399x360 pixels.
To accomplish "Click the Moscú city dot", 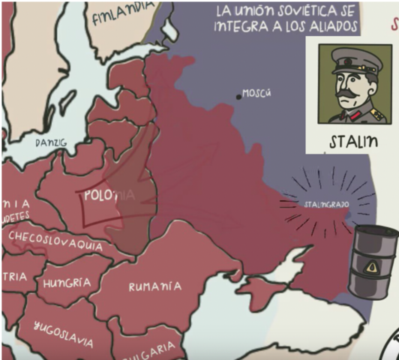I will point(239,95).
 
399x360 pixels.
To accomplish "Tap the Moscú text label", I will point(257,94).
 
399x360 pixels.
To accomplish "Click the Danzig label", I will point(51,142).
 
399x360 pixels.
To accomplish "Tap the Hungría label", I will point(67,283).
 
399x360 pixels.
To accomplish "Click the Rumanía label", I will point(154,286).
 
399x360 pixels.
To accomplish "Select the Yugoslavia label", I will point(64,334).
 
